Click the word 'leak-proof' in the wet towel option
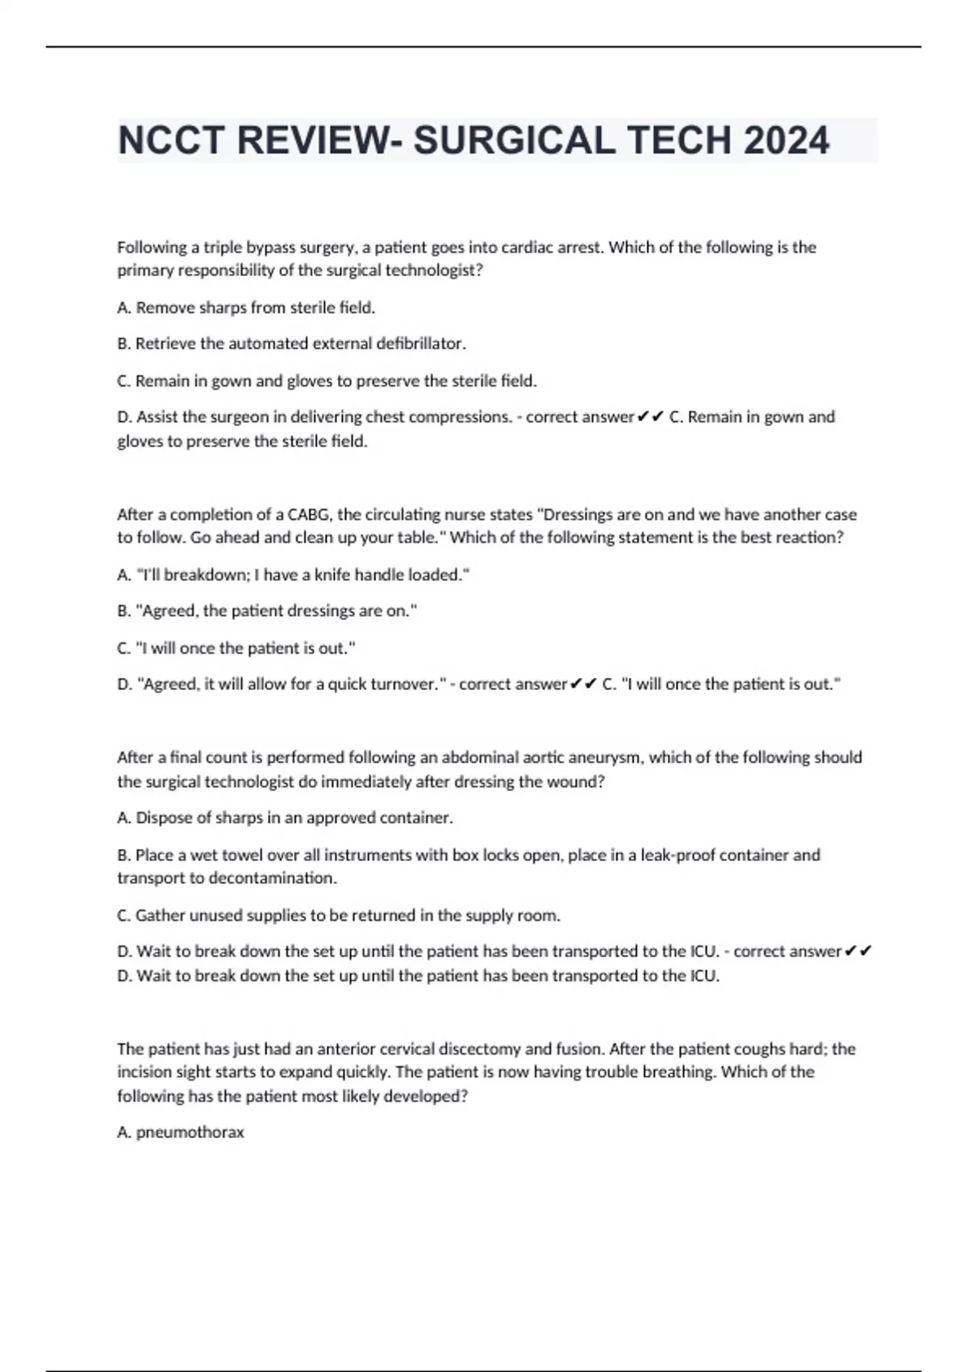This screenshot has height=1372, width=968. coord(678,855)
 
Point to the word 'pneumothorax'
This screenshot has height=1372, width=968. coord(190,1132)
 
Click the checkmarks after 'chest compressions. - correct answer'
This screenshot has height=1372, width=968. coord(650,417)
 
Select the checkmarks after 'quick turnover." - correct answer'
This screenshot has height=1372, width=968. coord(583,684)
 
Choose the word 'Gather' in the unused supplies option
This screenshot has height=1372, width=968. coord(161,915)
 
